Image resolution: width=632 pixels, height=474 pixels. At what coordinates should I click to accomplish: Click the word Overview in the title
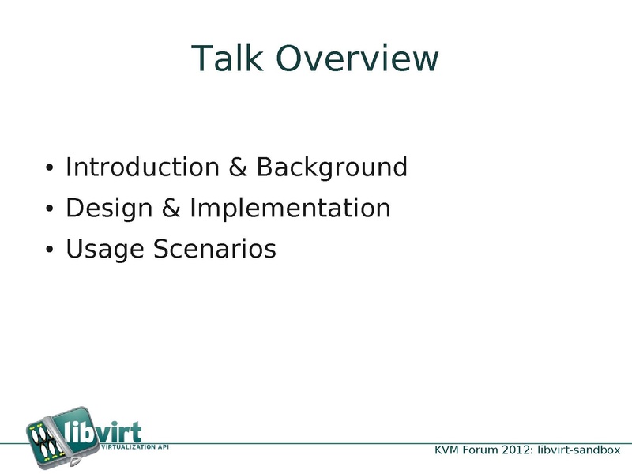(x=357, y=58)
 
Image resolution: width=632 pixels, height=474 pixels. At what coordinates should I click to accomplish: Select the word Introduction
(x=142, y=167)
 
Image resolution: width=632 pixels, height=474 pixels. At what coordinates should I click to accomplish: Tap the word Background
(x=332, y=167)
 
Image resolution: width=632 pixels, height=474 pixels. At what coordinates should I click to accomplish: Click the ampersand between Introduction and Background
(x=238, y=167)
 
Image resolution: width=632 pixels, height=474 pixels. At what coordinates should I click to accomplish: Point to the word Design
(x=109, y=209)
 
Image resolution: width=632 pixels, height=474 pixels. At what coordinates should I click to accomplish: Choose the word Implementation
(x=290, y=209)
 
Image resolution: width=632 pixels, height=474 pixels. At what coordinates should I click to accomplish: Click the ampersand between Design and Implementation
(x=171, y=208)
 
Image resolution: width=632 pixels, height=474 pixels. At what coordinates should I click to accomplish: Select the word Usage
(x=105, y=249)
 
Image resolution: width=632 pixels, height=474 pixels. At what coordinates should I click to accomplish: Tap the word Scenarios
(x=215, y=249)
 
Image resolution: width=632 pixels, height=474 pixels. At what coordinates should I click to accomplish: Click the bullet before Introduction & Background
(x=49, y=167)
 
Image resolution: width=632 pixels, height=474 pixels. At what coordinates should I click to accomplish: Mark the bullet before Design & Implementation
(x=49, y=209)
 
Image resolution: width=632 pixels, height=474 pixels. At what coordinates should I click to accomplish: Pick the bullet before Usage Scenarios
(x=49, y=249)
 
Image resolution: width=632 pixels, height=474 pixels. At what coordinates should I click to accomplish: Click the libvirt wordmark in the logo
(x=103, y=431)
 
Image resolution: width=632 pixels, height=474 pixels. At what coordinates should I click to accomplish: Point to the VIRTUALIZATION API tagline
(x=135, y=446)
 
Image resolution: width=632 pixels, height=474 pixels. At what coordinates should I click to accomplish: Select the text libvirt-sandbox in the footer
(x=579, y=450)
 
